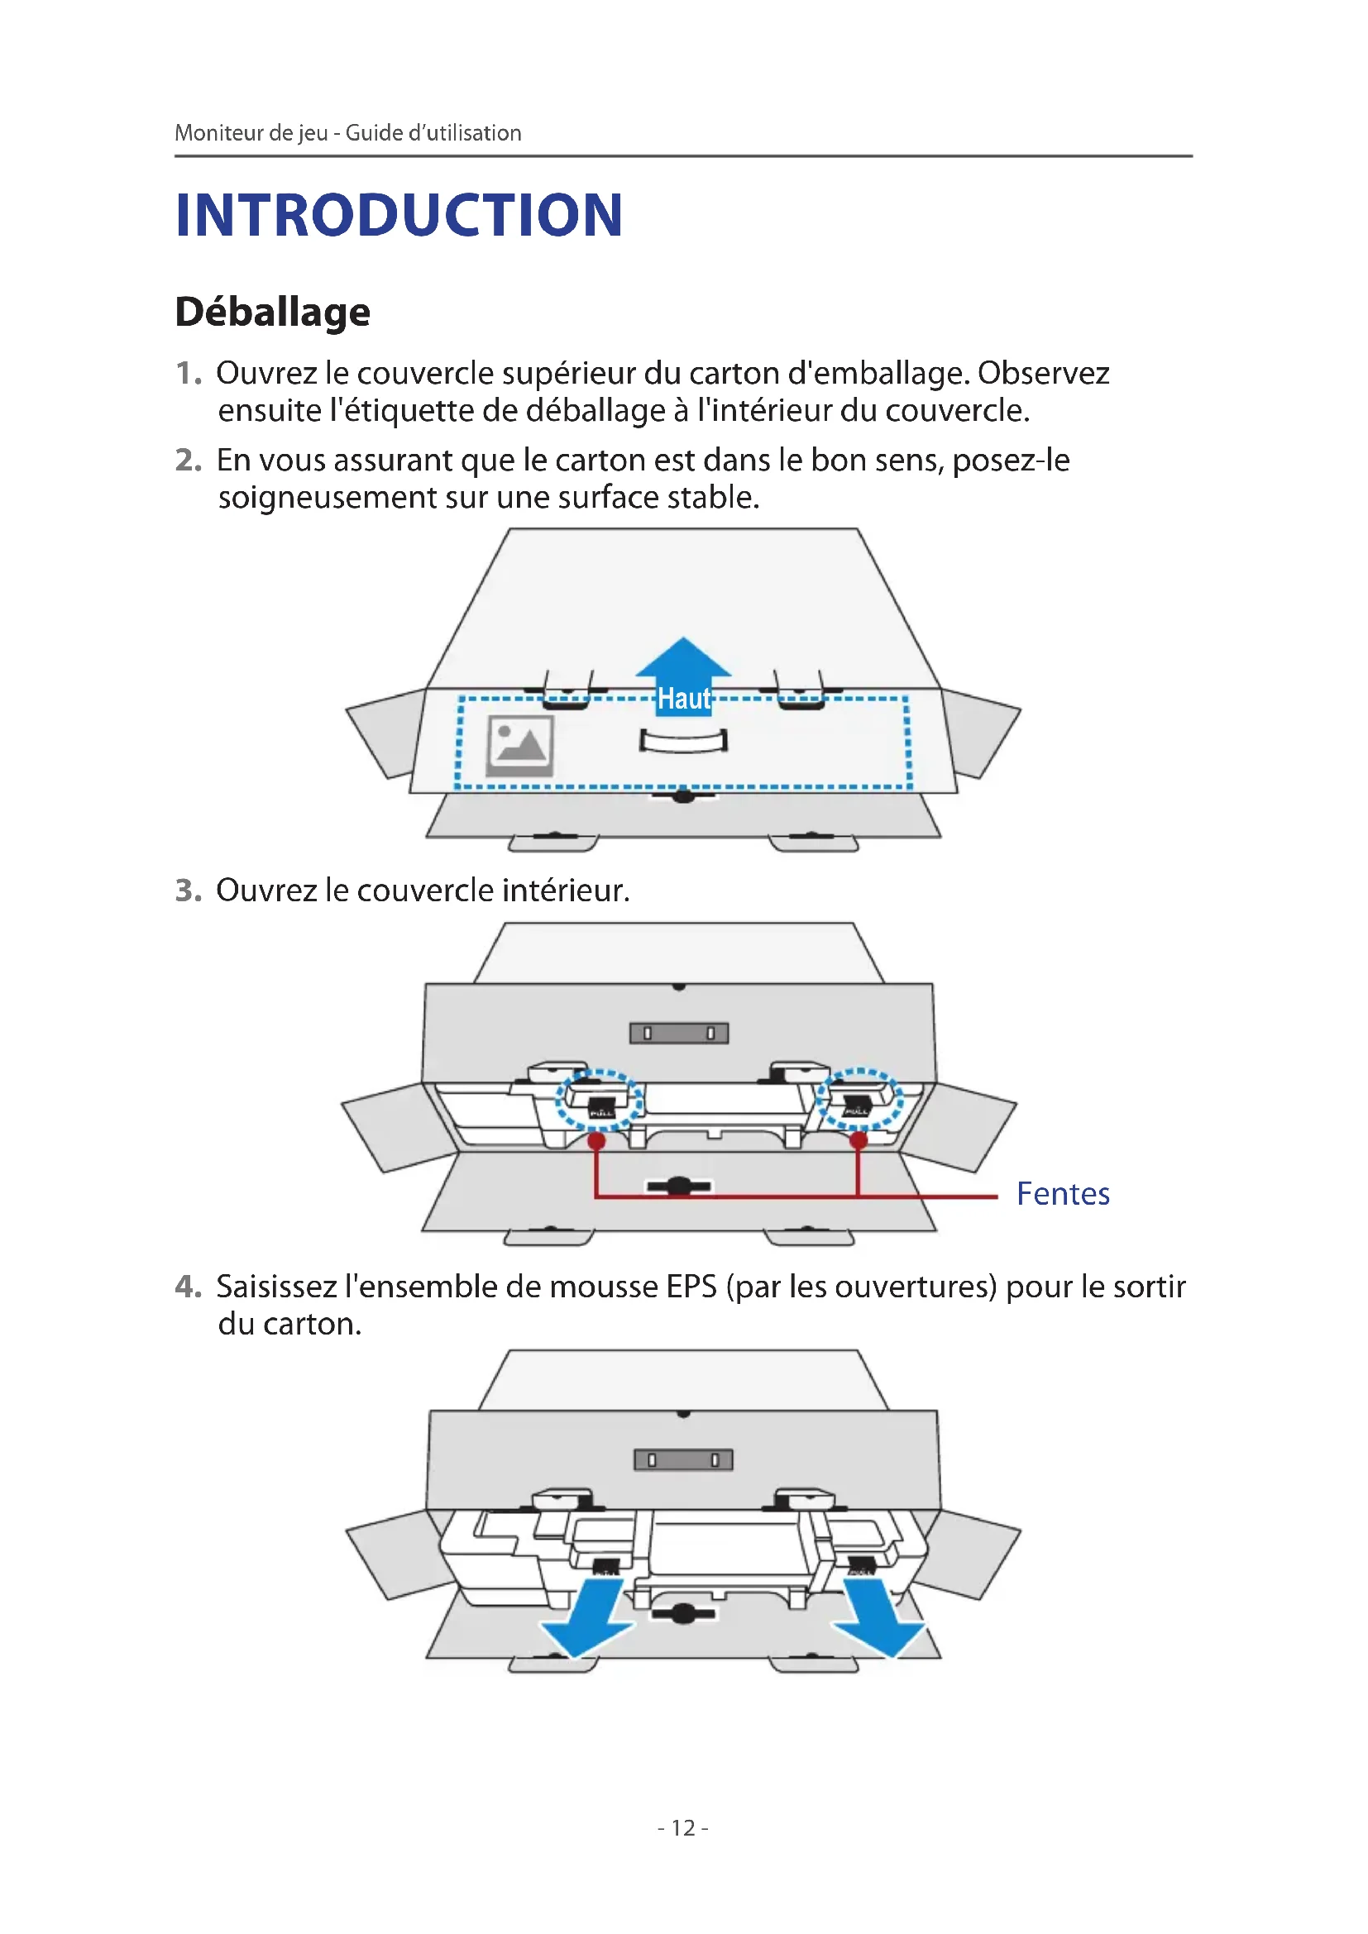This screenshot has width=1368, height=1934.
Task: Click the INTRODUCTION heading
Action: (399, 216)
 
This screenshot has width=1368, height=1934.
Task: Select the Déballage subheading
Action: (272, 313)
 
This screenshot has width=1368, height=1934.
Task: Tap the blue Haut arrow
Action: (683, 678)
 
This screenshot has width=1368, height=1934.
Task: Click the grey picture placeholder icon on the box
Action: (519, 746)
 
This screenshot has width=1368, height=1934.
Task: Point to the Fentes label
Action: (1062, 1194)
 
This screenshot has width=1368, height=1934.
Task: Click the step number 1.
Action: (188, 373)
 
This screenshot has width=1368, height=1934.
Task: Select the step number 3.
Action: (188, 891)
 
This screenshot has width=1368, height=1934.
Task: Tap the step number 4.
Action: (188, 1287)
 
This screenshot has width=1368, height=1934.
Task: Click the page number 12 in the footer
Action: (683, 1827)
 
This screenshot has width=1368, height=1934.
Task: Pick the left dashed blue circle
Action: (599, 1100)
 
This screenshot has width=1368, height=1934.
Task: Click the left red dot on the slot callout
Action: (596, 1141)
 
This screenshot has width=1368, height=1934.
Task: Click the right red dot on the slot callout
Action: (859, 1141)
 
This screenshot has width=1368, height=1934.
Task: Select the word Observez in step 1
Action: (1043, 373)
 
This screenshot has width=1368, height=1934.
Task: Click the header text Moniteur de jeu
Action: (251, 133)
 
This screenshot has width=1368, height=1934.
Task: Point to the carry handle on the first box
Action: (683, 741)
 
